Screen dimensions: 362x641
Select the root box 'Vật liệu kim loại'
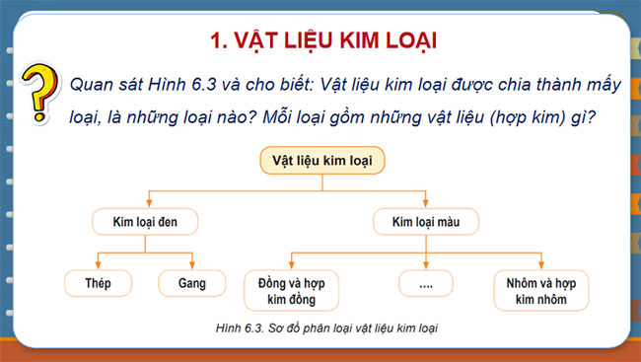tap(321, 161)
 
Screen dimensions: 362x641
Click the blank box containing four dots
tap(426, 286)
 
